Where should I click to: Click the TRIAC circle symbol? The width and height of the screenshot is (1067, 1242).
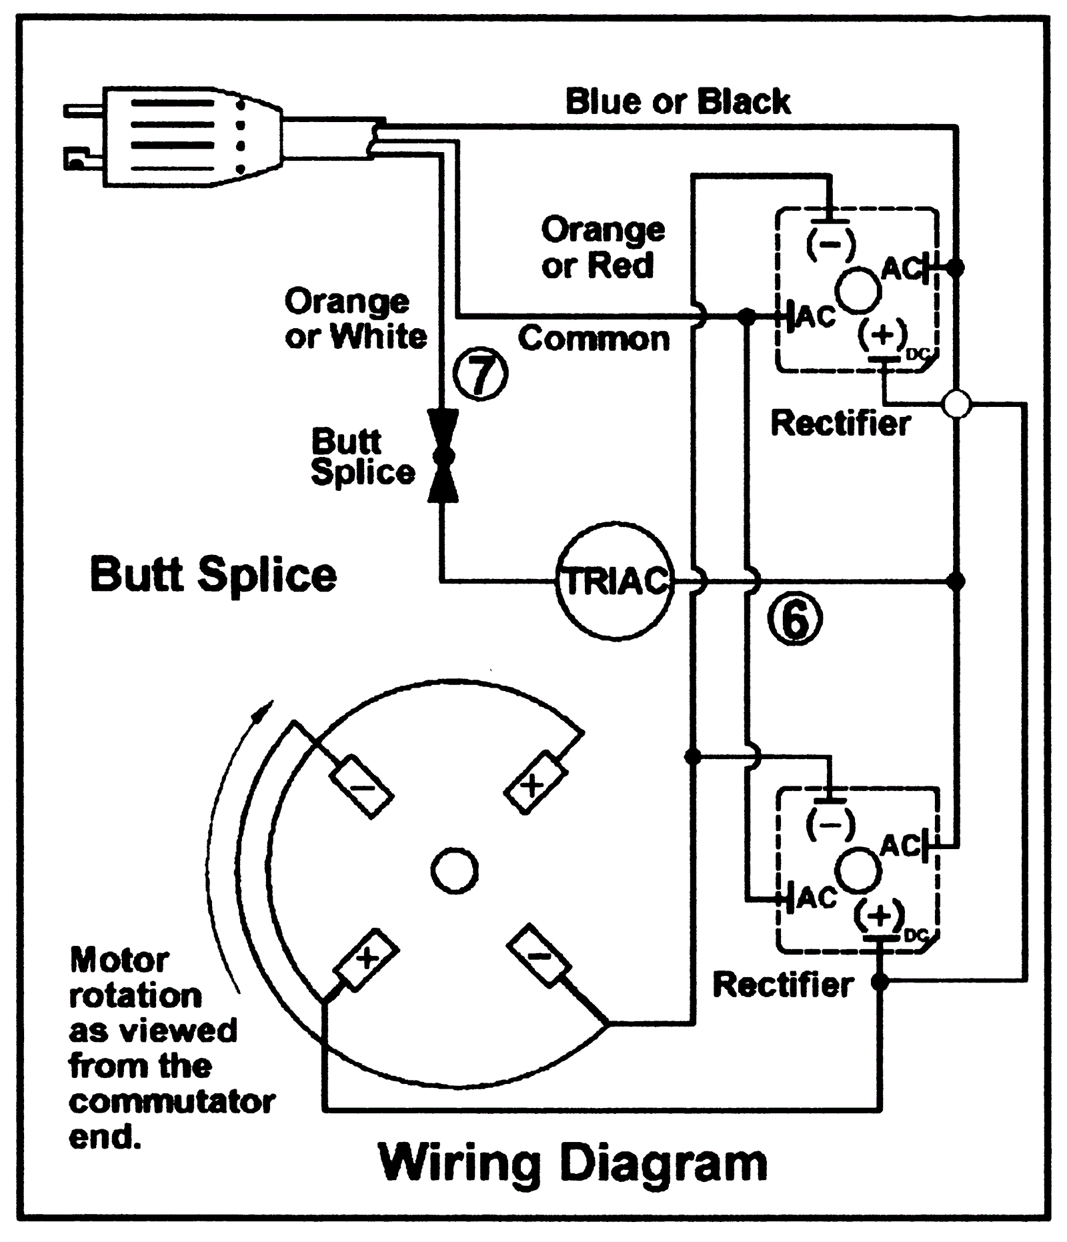[x=615, y=581]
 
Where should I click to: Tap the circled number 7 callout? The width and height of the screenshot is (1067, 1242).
[x=480, y=374]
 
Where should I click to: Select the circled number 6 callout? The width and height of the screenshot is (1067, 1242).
[x=794, y=618]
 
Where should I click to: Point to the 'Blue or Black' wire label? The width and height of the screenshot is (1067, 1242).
[x=678, y=102]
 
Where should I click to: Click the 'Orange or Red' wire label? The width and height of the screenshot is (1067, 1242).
[x=602, y=247]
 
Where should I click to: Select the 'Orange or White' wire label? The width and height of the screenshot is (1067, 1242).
[x=355, y=319]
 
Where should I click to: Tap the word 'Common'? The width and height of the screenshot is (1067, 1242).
[x=594, y=339]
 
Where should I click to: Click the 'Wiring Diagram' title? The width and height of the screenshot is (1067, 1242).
[x=572, y=1162]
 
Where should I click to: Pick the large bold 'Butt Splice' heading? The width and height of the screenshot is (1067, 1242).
[x=213, y=574]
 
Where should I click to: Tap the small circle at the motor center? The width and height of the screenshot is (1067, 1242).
[x=455, y=871]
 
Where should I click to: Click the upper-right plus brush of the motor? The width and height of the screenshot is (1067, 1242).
[x=536, y=782]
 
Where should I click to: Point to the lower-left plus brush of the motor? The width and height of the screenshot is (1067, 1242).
[x=366, y=959]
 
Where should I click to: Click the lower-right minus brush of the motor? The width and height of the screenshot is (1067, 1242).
[x=539, y=956]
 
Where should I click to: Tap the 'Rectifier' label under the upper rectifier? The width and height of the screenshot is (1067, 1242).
[x=840, y=424]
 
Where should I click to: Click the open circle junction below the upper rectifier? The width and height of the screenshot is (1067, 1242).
[x=957, y=404]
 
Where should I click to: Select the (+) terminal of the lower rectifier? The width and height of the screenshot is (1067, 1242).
[x=880, y=915]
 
